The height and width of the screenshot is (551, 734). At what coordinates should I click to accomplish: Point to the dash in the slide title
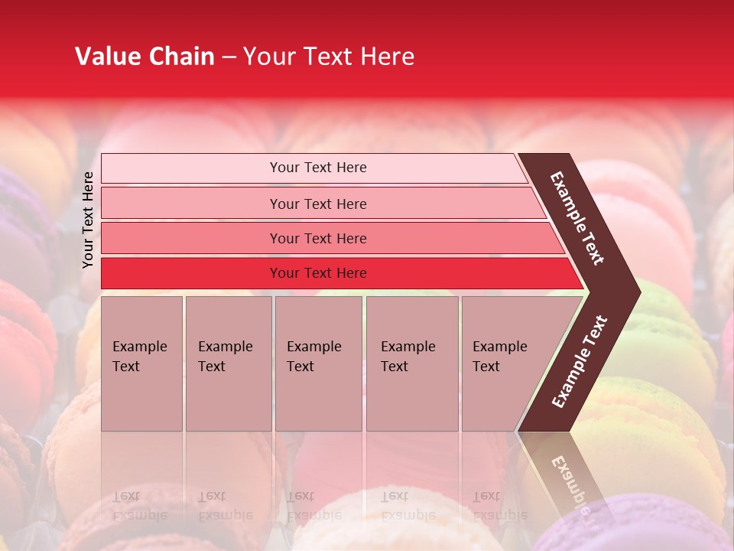click(229, 57)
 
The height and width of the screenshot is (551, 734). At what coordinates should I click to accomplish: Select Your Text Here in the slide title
click(329, 57)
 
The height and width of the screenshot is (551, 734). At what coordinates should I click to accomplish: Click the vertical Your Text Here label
click(88, 220)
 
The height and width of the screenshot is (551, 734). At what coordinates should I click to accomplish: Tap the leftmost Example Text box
click(141, 364)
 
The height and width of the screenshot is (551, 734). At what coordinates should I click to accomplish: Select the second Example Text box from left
click(228, 364)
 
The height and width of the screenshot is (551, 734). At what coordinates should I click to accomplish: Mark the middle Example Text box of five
click(318, 364)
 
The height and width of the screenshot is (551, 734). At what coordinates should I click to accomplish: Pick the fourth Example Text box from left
click(411, 364)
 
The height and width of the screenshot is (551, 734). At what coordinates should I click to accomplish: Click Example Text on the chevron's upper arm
click(577, 218)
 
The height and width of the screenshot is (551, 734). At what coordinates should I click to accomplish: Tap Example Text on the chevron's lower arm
click(580, 361)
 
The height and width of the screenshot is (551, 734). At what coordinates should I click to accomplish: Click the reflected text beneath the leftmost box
click(139, 505)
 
